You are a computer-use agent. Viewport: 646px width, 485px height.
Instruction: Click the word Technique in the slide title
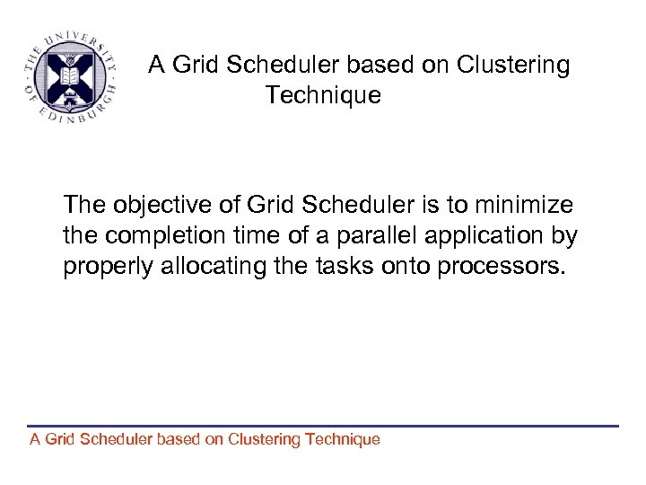[x=323, y=95]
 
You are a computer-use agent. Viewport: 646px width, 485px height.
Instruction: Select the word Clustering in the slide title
[x=513, y=66]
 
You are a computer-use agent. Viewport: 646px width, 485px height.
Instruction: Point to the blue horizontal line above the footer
[x=323, y=426]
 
